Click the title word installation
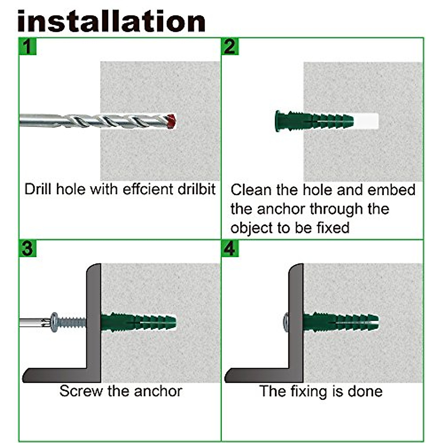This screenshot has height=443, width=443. click(111, 21)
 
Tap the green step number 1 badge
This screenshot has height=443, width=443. click(28, 47)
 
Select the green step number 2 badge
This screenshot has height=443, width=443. click(230, 47)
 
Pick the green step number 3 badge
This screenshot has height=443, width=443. click(28, 248)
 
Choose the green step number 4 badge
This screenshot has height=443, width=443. click(230, 248)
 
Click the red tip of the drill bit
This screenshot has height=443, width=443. click(172, 121)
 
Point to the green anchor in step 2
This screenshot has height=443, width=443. click(314, 121)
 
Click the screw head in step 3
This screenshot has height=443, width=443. click(54, 322)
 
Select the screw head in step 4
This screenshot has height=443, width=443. click(286, 322)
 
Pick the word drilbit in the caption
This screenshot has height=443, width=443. click(196, 189)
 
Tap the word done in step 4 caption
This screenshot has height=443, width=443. click(365, 391)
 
